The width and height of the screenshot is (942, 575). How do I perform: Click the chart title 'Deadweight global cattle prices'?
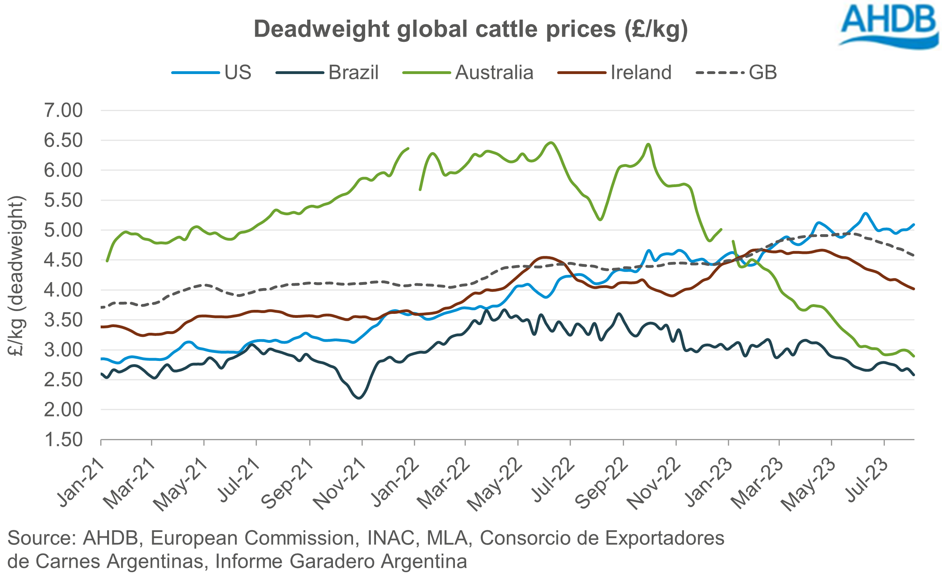coord(470,29)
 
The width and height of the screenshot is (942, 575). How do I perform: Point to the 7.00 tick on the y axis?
coord(63,111)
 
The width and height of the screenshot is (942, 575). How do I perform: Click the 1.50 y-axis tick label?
coord(63,440)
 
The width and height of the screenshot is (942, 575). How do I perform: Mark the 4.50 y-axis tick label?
coord(63,260)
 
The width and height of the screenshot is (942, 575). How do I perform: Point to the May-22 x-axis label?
coord(495,484)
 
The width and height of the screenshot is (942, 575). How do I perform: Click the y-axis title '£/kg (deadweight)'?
coord(17,276)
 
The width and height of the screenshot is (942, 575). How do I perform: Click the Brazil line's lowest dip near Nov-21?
coord(359,398)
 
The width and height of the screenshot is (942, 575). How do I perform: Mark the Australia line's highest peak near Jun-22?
coord(551,142)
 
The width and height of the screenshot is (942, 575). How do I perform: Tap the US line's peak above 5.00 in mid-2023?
coord(865,213)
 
